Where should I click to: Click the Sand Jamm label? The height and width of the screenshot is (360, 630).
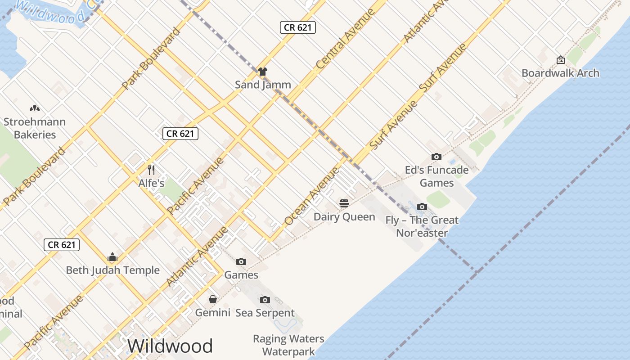(x=263, y=85)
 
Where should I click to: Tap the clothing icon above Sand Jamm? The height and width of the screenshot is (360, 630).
(x=263, y=72)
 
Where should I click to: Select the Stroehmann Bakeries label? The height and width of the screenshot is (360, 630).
(x=35, y=128)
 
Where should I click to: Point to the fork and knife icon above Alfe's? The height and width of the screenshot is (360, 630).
(x=151, y=170)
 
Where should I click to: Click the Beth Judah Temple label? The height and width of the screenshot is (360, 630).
(x=112, y=270)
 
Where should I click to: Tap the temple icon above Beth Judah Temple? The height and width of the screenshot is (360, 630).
(x=112, y=257)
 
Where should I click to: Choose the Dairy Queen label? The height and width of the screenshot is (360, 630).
(x=344, y=217)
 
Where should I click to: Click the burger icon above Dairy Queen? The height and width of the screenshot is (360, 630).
(x=344, y=203)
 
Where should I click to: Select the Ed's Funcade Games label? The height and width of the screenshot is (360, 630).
(x=436, y=176)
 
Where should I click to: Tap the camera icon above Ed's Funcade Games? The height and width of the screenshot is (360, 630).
(x=436, y=157)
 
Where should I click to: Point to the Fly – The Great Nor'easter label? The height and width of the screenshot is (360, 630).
(x=422, y=226)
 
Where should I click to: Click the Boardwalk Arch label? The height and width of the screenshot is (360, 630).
(x=560, y=73)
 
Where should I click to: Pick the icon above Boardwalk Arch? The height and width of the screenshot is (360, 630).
(x=561, y=60)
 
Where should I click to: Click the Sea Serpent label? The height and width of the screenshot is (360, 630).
(x=265, y=313)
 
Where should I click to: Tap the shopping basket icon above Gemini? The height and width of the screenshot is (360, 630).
(x=213, y=299)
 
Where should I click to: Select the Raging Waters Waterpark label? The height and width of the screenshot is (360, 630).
(x=288, y=345)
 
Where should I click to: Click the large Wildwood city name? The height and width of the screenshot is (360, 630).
(x=170, y=346)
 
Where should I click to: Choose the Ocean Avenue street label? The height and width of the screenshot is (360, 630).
(x=311, y=196)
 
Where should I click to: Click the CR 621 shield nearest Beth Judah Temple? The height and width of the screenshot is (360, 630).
(x=62, y=245)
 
